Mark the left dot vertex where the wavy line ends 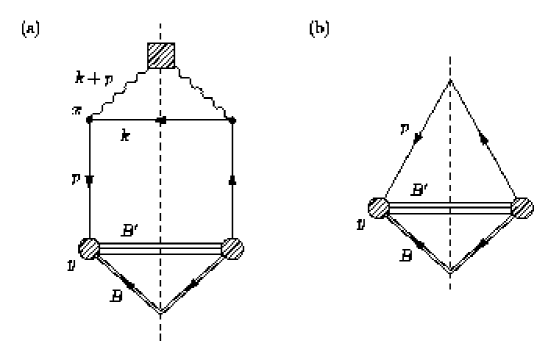[x=91, y=120]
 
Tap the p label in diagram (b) [x=400, y=131]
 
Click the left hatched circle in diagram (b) [x=378, y=209]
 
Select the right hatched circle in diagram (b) [x=522, y=209]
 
